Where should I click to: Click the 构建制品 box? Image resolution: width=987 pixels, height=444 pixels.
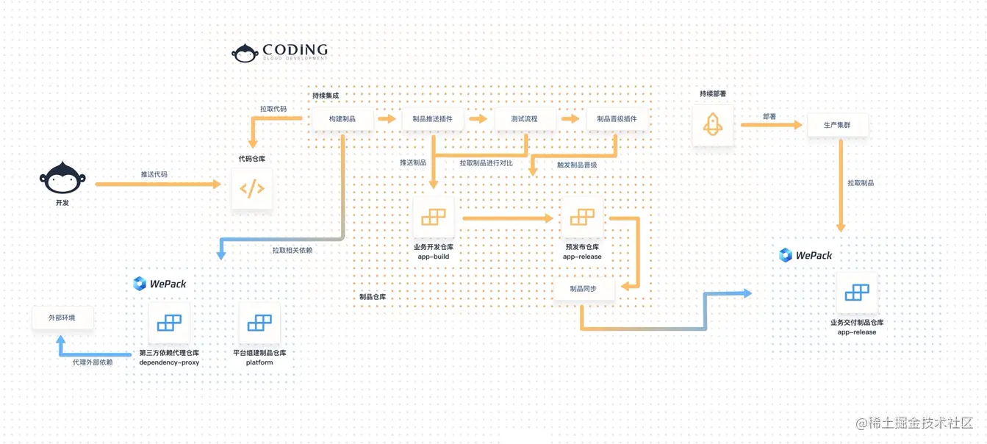pyautogui.click(x=342, y=119)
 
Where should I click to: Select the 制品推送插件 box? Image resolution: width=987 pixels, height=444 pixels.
pyautogui.click(x=432, y=119)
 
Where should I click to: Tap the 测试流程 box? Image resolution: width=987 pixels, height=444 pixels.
pyautogui.click(x=524, y=119)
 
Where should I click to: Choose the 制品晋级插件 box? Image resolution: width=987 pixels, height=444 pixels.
pyautogui.click(x=617, y=119)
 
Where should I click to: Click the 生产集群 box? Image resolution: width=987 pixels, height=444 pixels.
pyautogui.click(x=837, y=125)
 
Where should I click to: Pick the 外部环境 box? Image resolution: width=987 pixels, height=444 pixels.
pyautogui.click(x=62, y=318)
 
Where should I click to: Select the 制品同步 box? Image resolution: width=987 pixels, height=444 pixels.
pyautogui.click(x=583, y=289)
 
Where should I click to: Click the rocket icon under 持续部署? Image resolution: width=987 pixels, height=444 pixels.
pyautogui.click(x=713, y=124)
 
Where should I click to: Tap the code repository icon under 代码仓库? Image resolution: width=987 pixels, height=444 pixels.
pyautogui.click(x=251, y=189)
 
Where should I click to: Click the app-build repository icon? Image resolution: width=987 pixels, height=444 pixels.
pyautogui.click(x=433, y=218)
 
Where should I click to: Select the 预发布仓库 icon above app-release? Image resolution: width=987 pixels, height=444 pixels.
pyautogui.click(x=582, y=218)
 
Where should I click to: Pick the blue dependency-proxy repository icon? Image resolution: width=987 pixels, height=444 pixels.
pyautogui.click(x=169, y=323)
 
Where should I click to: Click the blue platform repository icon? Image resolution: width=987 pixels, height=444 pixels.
pyautogui.click(x=259, y=323)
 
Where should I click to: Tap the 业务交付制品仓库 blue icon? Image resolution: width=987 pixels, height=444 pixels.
pyautogui.click(x=857, y=293)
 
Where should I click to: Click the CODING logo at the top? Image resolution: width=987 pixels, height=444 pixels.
pyautogui.click(x=280, y=51)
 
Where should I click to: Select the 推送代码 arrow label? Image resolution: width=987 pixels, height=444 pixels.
pyautogui.click(x=154, y=174)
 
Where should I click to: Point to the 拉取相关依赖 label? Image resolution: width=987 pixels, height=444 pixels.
pyautogui.click(x=292, y=250)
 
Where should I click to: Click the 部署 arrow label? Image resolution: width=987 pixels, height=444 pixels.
pyautogui.click(x=769, y=116)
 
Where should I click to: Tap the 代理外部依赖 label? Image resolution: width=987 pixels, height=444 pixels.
pyautogui.click(x=93, y=362)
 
